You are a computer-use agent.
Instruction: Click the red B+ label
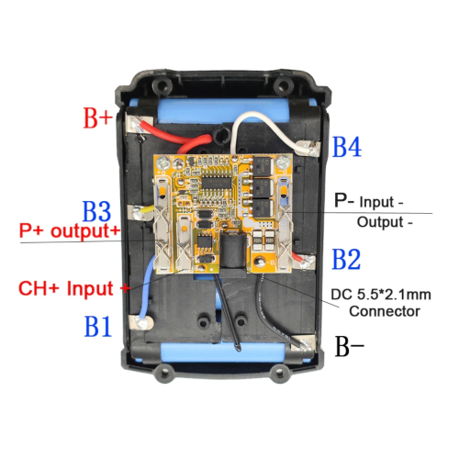[x=98, y=118]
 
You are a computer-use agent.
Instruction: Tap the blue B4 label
[x=347, y=147]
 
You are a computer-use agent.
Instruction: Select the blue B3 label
[x=96, y=211]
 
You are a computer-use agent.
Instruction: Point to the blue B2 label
[x=346, y=259]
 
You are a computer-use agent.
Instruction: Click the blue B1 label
[x=98, y=326]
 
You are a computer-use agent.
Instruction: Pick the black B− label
[x=350, y=346]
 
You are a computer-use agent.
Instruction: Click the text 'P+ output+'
[x=70, y=230]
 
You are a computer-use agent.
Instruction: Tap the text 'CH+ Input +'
[x=74, y=288]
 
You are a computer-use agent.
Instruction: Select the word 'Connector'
[x=385, y=311]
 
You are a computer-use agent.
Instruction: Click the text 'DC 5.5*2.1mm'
[x=381, y=295]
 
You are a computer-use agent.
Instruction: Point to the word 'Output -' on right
[x=385, y=222]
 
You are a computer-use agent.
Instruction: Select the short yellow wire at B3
[x=149, y=209]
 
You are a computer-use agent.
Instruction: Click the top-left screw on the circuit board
[x=165, y=162]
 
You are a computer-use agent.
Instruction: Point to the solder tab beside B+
[x=136, y=125]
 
